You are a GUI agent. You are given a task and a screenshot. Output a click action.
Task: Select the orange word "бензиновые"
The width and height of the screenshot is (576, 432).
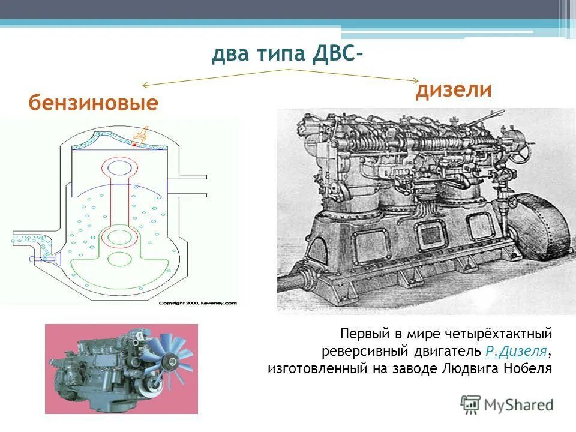pyautogui.click(x=94, y=103)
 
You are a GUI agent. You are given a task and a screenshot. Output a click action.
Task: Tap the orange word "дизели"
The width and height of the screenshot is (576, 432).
pyautogui.click(x=454, y=90)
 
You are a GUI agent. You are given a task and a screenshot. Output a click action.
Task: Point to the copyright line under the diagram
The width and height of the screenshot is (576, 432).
pyautogui.click(x=198, y=304)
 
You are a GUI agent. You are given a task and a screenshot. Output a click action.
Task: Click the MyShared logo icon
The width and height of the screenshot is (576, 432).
pyautogui.click(x=470, y=404)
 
